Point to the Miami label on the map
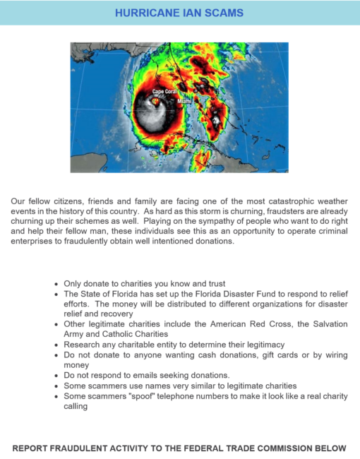tap(184, 102)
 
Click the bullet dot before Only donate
tap(56, 282)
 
